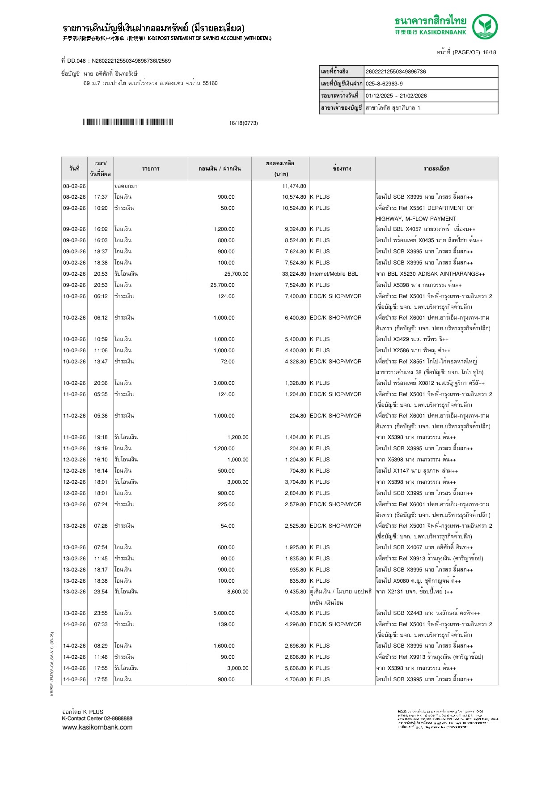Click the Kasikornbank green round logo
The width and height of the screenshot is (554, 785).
[485, 26]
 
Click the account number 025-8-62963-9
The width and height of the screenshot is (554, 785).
[384, 84]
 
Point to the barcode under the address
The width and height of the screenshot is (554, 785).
[127, 122]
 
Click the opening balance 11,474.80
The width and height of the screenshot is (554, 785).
[294, 186]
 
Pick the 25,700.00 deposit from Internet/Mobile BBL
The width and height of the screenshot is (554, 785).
[236, 274]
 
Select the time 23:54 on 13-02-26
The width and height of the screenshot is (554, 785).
[101, 592]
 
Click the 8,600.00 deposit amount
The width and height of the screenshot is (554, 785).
[237, 592]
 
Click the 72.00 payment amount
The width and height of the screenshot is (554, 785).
[227, 362]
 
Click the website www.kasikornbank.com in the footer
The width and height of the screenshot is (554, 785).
[97, 727]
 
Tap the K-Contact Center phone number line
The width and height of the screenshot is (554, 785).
[97, 719]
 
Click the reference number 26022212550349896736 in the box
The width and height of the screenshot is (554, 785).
[396, 72]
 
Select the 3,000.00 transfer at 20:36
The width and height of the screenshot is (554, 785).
[224, 383]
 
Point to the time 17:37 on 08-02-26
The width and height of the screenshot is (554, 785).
[101, 197]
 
